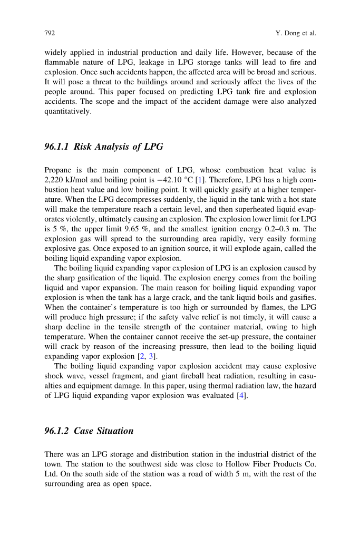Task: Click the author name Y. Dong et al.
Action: (x=296, y=33)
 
